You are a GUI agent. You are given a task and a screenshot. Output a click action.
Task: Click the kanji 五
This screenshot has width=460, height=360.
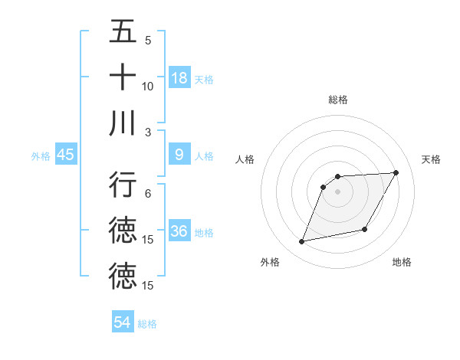click(123, 31)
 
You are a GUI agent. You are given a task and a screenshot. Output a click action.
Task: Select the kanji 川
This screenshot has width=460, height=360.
click(123, 123)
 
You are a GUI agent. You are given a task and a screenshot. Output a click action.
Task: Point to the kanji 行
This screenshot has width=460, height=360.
click(123, 185)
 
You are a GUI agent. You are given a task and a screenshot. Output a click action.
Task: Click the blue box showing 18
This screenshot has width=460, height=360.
click(179, 78)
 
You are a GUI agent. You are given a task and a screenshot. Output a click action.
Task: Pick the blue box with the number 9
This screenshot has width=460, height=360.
click(179, 155)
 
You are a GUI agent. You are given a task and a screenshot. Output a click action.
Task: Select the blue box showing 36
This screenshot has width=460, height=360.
click(179, 232)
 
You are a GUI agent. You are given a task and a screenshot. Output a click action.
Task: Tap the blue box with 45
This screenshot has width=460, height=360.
click(65, 155)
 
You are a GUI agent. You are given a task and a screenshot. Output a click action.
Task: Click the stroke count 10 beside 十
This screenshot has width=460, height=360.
click(148, 87)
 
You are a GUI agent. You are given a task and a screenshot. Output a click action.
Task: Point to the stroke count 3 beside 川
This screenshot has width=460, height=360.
click(148, 132)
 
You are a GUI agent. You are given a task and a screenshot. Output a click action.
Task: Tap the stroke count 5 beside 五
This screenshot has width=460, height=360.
click(148, 41)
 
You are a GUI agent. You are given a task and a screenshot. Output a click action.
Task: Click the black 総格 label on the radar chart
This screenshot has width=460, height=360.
click(337, 100)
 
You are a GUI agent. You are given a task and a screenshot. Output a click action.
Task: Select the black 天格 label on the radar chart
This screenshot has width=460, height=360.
click(432, 159)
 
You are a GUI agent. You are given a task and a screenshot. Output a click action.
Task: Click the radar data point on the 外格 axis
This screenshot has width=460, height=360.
click(302, 242)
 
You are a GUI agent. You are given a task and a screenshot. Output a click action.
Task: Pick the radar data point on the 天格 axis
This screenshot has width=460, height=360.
click(396, 172)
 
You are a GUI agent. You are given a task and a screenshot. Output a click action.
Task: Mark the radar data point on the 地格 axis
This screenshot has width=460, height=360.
click(365, 230)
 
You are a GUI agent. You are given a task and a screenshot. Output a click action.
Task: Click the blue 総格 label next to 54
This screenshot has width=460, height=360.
click(147, 324)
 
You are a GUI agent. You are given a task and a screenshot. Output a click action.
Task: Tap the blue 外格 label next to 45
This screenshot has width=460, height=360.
click(41, 156)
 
